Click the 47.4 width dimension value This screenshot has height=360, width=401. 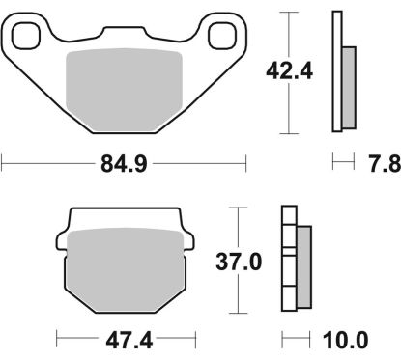coord(124,340)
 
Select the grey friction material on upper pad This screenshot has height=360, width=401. coord(124,92)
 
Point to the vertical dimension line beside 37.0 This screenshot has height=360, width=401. coord(236,290)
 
